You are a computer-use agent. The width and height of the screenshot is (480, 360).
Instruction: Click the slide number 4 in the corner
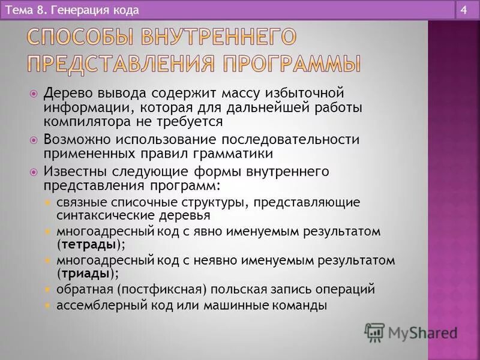465,10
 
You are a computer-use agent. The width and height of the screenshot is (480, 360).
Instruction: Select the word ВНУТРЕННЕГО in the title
218,37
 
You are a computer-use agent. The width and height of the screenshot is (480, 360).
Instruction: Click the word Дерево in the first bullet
64,94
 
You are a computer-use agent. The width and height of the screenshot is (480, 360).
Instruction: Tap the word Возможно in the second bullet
71,139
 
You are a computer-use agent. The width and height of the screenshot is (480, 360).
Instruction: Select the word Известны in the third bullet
70,171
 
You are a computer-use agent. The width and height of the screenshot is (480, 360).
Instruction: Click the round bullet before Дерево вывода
34,94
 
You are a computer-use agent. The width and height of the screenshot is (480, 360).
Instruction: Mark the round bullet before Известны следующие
34,171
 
